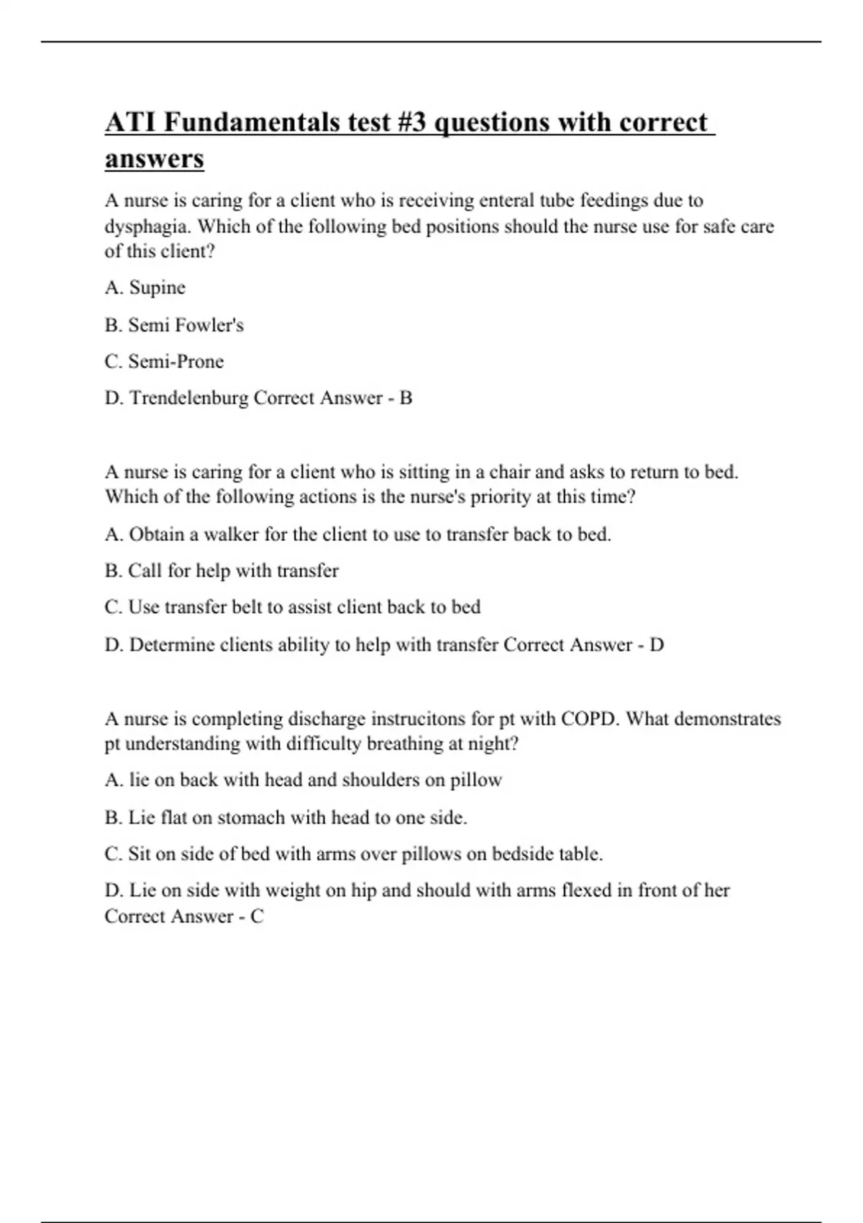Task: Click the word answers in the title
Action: (154, 158)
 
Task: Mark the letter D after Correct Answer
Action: (656, 645)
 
